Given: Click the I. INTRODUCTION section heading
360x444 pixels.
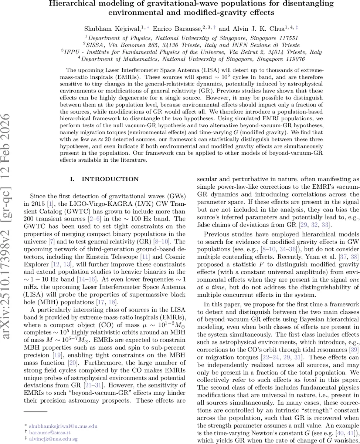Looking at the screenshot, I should tap(105, 179).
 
